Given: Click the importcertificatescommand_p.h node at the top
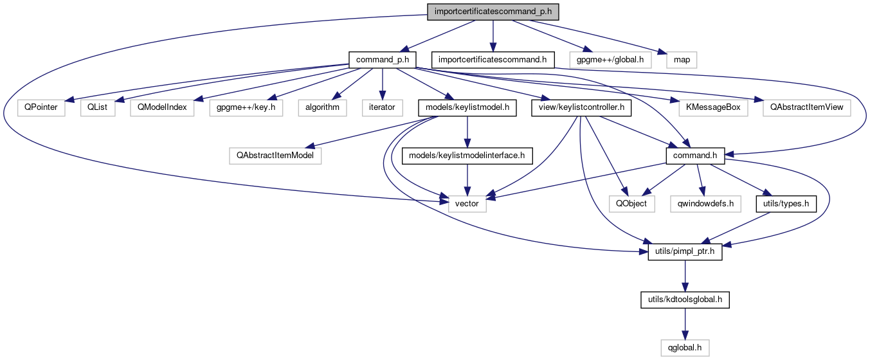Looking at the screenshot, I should [x=493, y=12].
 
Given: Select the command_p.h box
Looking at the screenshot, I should [x=382, y=60].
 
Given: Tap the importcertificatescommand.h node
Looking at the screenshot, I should [x=492, y=60].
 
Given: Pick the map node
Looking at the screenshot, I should [x=682, y=60].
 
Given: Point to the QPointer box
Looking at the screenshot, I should [x=41, y=107].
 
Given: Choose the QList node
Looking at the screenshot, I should [x=98, y=107].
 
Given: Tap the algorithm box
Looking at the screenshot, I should [x=322, y=107].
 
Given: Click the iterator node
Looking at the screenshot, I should [x=382, y=107].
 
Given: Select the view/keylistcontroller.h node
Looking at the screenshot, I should [x=581, y=107].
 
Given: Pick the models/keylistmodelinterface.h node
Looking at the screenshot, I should [x=467, y=155].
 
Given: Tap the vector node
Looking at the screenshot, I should [x=467, y=204].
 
